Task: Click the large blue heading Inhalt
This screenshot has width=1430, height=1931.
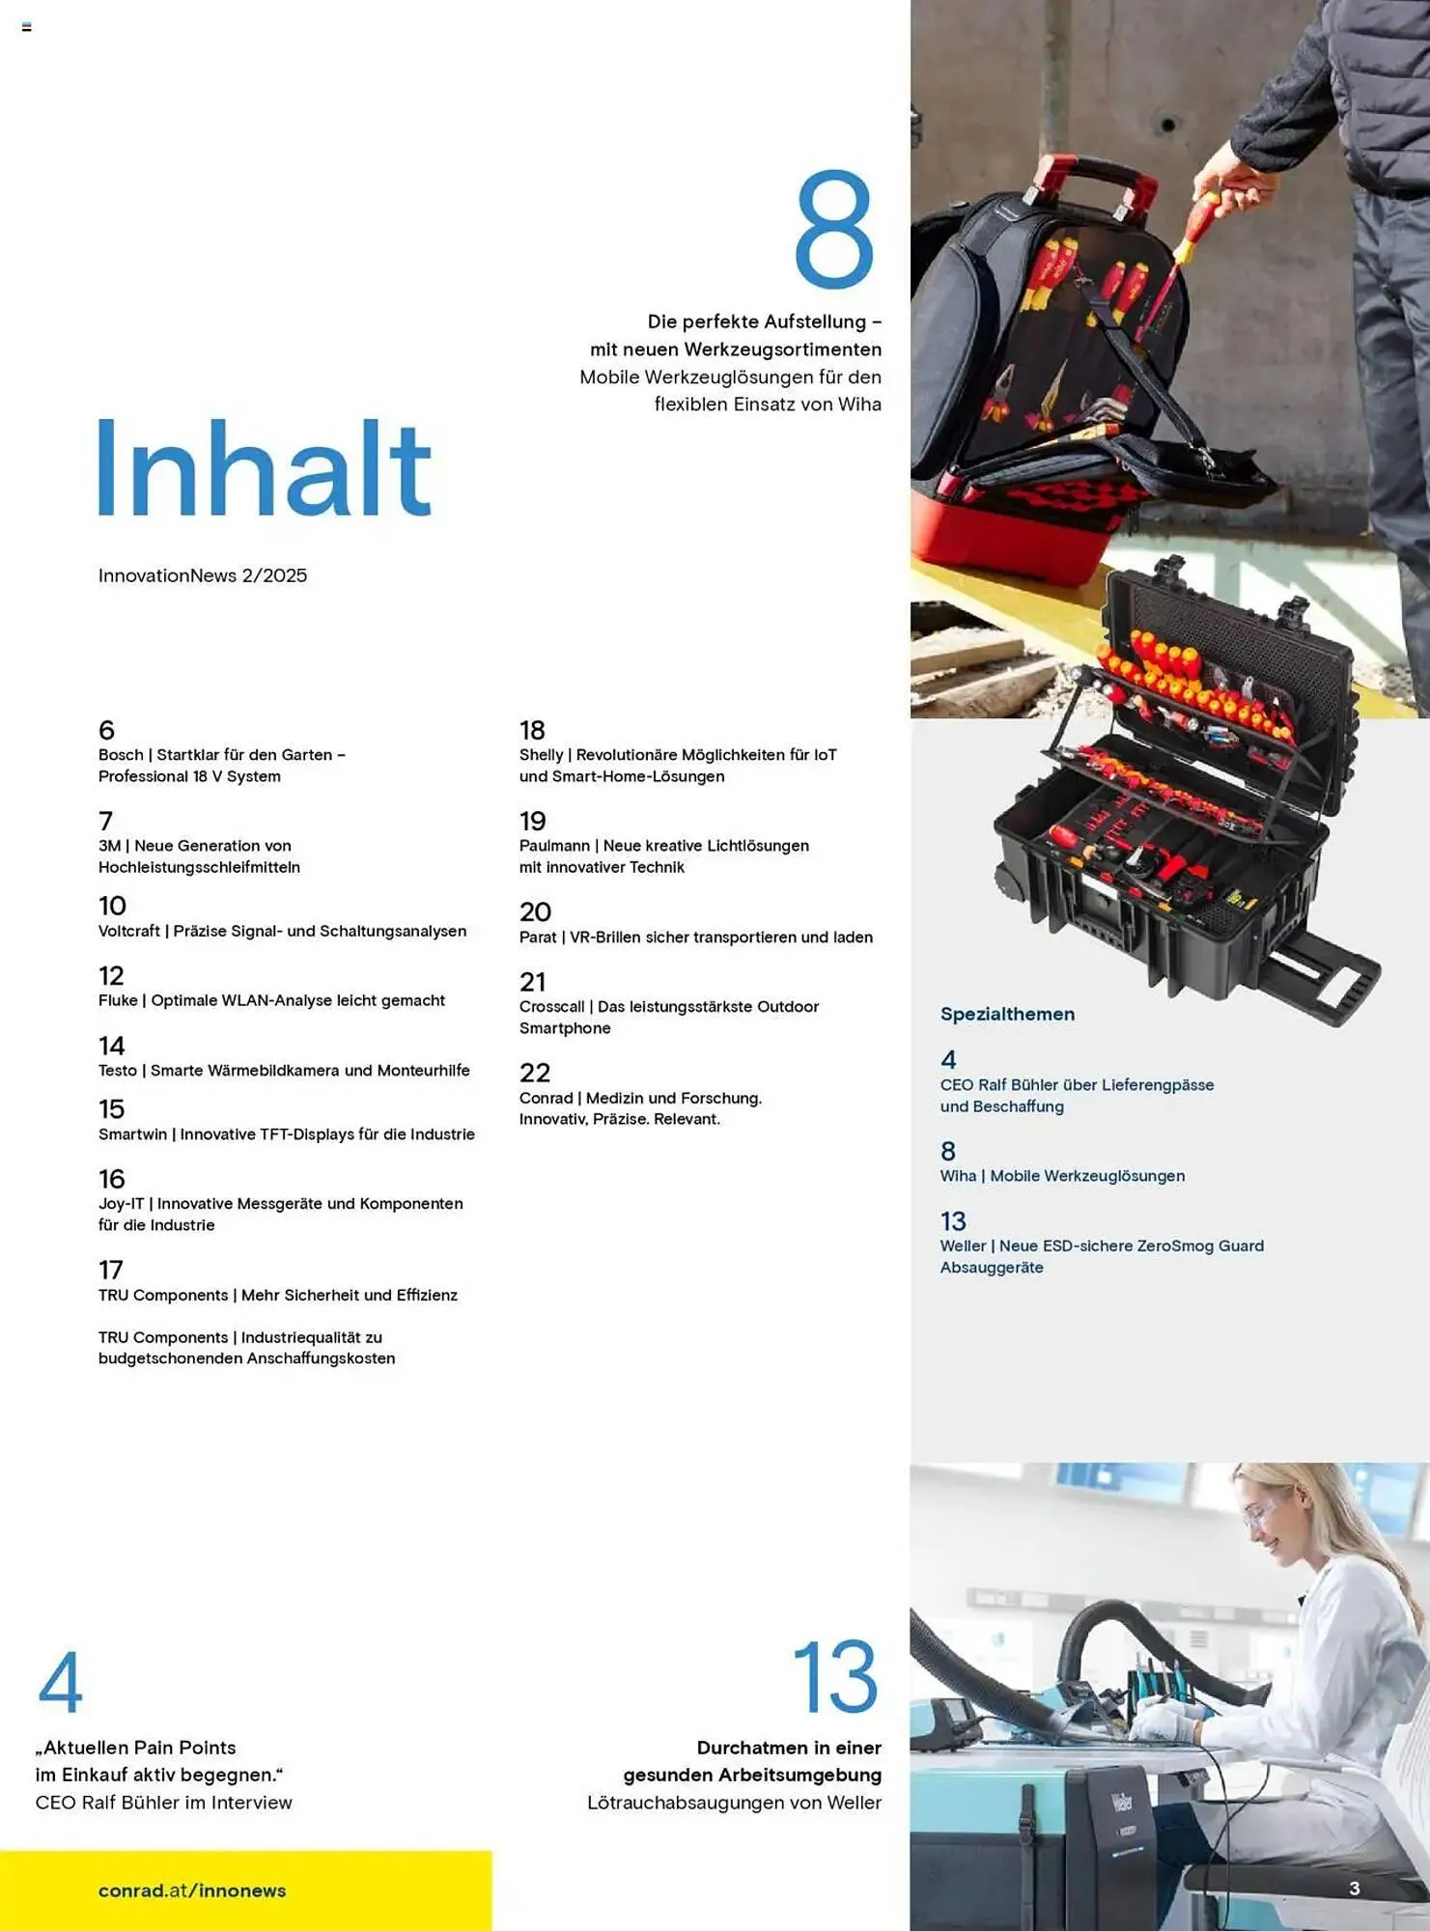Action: pyautogui.click(x=264, y=469)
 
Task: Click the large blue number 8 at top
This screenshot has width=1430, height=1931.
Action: pyautogui.click(x=834, y=230)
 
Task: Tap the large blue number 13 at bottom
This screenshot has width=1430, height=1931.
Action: pyautogui.click(x=835, y=1677)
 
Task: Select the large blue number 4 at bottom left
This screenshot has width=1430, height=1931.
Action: pyautogui.click(x=60, y=1682)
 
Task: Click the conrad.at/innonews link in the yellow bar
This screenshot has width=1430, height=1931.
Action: pyautogui.click(x=192, y=1890)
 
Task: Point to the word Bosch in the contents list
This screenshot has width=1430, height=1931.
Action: pyautogui.click(x=121, y=755)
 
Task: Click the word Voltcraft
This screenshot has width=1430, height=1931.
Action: pyautogui.click(x=129, y=931)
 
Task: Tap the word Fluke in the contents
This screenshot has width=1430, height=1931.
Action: pyautogui.click(x=118, y=1000)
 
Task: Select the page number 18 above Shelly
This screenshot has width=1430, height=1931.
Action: pyautogui.click(x=532, y=730)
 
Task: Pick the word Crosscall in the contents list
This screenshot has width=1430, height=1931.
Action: pyautogui.click(x=551, y=1006)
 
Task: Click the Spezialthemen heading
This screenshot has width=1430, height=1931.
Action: pyautogui.click(x=1007, y=1014)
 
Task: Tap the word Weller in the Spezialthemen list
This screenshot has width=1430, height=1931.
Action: pyautogui.click(x=963, y=1245)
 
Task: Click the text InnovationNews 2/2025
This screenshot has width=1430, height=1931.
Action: pyautogui.click(x=203, y=575)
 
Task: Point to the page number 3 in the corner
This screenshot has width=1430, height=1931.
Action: pyautogui.click(x=1355, y=1889)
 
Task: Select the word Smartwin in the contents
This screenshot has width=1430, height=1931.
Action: pyautogui.click(x=132, y=1134)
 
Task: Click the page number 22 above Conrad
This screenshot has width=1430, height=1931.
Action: pyautogui.click(x=535, y=1073)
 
